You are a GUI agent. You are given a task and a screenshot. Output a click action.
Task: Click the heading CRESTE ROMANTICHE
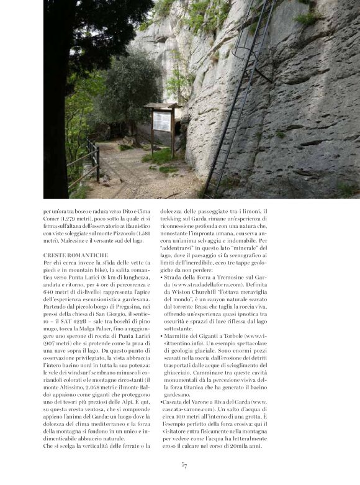[x=76, y=255]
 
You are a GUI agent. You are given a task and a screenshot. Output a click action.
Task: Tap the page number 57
[x=184, y=465]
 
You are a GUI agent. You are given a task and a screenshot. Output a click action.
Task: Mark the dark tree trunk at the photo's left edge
[x=55, y=99]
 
